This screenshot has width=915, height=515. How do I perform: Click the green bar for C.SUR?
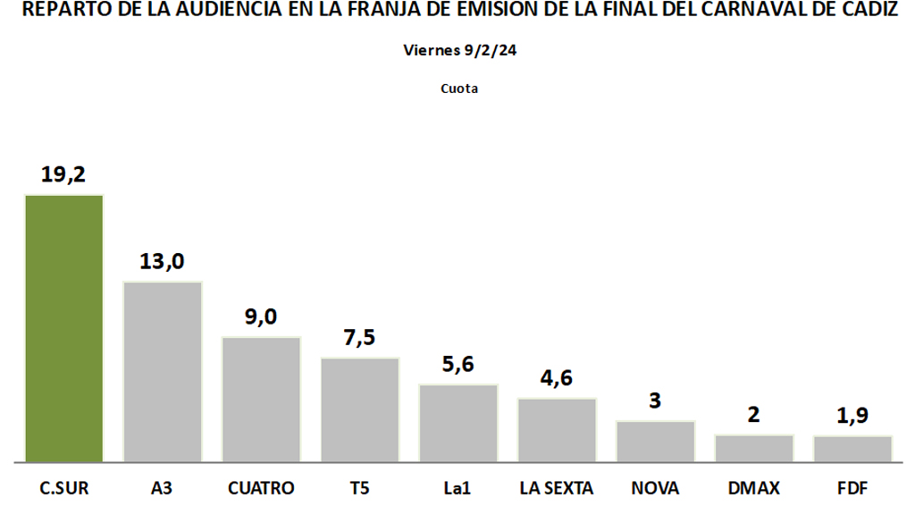point(64,328)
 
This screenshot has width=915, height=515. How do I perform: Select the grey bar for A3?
point(163,372)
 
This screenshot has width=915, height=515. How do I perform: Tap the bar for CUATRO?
point(261,400)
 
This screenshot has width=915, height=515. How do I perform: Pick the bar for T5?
point(360,409)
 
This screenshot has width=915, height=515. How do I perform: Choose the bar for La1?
point(458,423)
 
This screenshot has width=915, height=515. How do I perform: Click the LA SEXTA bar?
point(557,430)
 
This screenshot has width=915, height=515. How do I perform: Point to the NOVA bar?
point(655,441)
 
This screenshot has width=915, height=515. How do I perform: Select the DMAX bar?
point(754,448)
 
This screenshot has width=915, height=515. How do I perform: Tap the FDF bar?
point(852,449)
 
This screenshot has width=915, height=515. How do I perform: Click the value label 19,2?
point(63,174)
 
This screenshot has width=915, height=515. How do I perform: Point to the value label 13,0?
point(162,261)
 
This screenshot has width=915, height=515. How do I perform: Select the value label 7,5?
point(359,338)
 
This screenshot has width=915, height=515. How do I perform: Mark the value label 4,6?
point(557,378)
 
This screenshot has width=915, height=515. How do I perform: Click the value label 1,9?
point(852,416)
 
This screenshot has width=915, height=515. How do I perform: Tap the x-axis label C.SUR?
point(64,488)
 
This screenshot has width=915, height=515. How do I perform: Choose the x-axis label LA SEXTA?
point(557,488)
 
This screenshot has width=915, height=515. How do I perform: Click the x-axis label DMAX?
point(754,488)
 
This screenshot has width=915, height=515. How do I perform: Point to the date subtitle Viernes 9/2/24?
point(459,51)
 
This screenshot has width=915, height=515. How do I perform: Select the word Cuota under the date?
point(459,89)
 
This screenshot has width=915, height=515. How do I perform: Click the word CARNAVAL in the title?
point(730,12)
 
